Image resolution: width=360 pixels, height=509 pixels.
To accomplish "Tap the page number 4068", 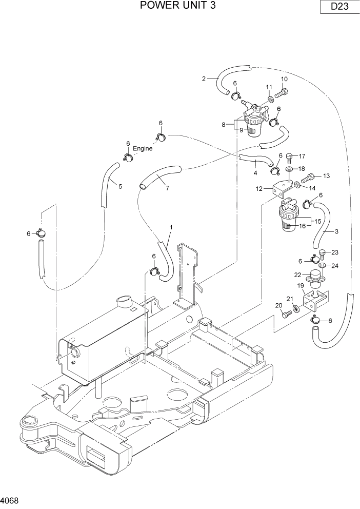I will pos(11,498).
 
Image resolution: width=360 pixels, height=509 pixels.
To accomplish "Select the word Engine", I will pos(143,148).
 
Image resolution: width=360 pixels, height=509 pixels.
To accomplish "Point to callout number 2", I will pos(204,79).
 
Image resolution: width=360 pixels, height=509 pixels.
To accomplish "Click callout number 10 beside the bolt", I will pos(284,79).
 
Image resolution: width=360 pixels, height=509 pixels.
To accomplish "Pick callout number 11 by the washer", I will pos(269,87).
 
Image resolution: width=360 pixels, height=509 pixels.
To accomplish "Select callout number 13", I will pos(326,176).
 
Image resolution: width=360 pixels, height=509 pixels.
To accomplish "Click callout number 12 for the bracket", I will pos(259,189).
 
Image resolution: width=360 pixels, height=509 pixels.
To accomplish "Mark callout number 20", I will pos(278,306).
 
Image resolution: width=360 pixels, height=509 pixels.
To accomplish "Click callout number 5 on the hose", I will pos(121,187).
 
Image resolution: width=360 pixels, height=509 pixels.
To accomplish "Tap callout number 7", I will pos(167,188).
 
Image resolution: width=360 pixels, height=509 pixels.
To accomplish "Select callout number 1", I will pos(171,226).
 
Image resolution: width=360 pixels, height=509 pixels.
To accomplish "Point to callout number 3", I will pos(336,231).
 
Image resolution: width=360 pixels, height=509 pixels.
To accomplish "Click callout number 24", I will pos(335,266).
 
